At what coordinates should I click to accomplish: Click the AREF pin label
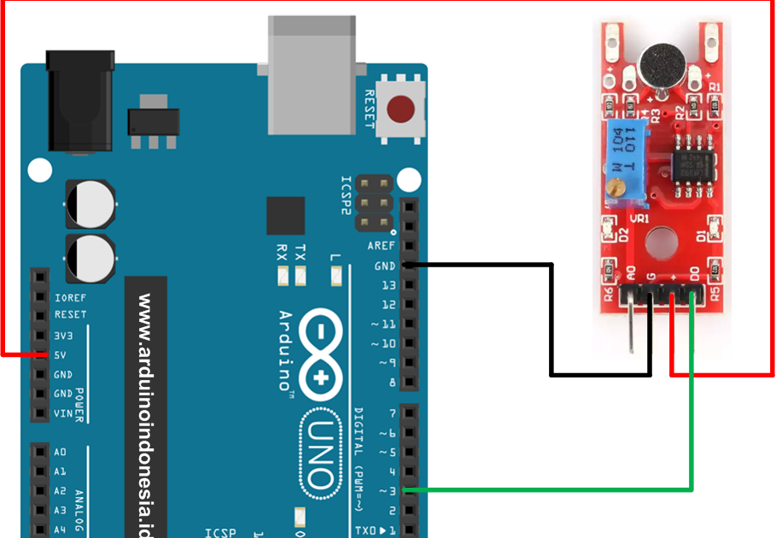[381, 246]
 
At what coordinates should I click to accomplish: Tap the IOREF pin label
[69, 298]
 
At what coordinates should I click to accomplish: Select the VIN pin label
[62, 413]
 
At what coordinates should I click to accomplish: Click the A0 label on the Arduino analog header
[60, 452]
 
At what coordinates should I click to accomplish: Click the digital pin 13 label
[388, 285]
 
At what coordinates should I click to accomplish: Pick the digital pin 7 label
[392, 413]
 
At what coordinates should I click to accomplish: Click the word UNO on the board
[320, 453]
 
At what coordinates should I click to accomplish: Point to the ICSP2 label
[346, 197]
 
